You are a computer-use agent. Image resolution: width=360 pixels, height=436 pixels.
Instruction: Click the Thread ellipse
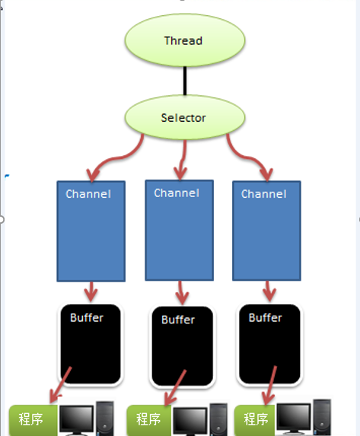click(183, 40)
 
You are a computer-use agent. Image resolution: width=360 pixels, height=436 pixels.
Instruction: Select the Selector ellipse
click(183, 118)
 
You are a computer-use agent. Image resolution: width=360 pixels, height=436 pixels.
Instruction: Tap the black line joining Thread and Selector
click(183, 80)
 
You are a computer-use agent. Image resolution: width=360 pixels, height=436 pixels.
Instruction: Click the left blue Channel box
click(91, 231)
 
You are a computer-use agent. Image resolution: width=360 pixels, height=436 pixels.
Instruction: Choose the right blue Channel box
click(266, 231)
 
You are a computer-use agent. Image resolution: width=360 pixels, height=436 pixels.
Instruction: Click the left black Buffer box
click(91, 343)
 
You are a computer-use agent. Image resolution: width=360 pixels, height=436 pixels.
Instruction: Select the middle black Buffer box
click(180, 346)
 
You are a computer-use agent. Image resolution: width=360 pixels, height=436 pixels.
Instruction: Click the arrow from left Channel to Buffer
click(91, 291)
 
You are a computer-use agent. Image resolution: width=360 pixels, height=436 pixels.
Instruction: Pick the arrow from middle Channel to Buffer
click(180, 290)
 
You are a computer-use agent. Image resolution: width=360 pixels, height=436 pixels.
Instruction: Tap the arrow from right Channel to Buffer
click(267, 290)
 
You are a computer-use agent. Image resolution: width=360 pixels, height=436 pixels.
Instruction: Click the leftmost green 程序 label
click(33, 419)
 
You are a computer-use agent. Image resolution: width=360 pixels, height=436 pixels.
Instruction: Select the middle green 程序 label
click(148, 419)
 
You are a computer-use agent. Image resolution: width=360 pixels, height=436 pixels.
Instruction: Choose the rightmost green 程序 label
click(255, 418)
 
